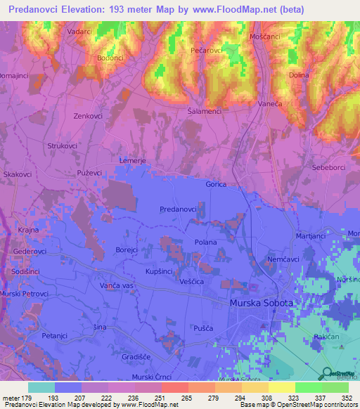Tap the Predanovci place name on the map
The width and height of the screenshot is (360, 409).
[x=178, y=209]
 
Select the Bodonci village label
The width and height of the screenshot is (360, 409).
[x=110, y=58]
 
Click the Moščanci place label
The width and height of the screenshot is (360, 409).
[x=266, y=35]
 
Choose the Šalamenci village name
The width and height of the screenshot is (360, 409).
[x=205, y=111]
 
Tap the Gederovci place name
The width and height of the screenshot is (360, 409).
[x=30, y=251]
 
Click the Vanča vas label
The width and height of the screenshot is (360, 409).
[x=116, y=286]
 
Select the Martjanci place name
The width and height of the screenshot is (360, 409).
[x=311, y=236]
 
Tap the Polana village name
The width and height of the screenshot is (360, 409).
[x=205, y=242]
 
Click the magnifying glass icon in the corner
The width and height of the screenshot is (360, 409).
[x=327, y=373]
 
